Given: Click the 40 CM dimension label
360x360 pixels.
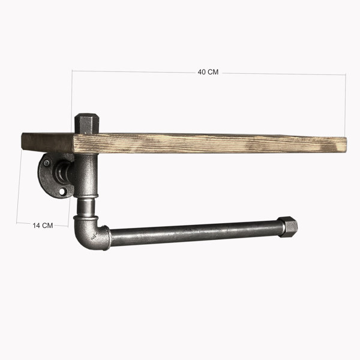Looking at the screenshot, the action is (208, 72).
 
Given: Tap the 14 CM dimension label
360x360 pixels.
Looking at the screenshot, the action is (43, 226).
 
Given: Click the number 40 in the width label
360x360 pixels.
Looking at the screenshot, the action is (202, 72).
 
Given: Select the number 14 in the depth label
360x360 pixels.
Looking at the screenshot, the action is (36, 226).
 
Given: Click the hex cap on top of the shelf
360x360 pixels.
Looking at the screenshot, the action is (86, 124).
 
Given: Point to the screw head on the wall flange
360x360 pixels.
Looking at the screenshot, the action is (47, 163).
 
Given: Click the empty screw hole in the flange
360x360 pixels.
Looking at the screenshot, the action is (62, 191).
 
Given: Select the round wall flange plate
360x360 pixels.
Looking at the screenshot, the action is (49, 176).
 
